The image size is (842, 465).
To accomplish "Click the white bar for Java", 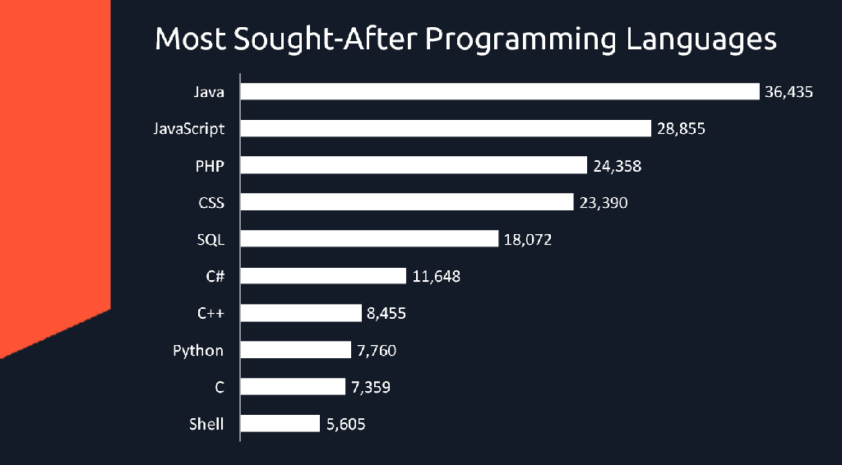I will pos(500,91).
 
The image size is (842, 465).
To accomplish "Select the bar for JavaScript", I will pos(446,128).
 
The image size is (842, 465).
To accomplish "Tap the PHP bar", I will pos(414,165).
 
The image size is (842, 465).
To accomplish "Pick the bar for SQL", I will pos(369,238).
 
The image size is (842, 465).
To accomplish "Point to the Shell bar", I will pos(280,423).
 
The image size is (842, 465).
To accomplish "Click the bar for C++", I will pos(301,313).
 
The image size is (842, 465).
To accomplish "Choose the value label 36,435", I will pos(789,92).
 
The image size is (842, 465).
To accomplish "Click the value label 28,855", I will pos(681,129).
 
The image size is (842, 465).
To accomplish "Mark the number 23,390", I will pos(603,202).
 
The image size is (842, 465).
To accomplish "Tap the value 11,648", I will pos(437,276).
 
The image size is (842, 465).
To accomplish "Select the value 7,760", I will pos(377,351).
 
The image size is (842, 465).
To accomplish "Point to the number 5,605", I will pos(345,425).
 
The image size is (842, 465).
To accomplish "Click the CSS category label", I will pos(211,202).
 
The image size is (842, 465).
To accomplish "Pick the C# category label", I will pos(215,276).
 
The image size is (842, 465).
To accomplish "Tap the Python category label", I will pos(198,351).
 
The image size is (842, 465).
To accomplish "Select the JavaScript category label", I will pos(189,129).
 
